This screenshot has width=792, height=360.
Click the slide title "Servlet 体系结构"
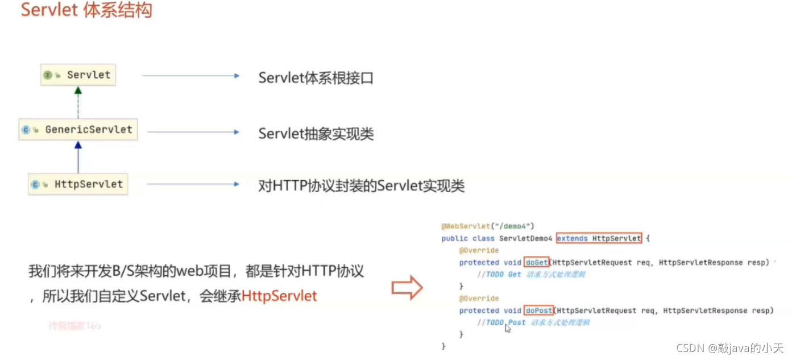(86, 10)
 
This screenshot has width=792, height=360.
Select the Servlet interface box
(78, 75)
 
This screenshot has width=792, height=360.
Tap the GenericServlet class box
(78, 130)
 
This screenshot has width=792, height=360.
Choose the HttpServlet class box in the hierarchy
(78, 184)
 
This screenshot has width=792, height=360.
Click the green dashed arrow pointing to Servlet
(78, 102)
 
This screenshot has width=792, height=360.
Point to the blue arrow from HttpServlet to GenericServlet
(78, 157)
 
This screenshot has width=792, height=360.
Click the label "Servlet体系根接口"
(316, 77)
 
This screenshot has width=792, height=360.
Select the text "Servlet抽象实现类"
(316, 134)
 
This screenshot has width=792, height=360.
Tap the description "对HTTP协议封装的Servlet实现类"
(361, 186)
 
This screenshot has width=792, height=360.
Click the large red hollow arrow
(407, 287)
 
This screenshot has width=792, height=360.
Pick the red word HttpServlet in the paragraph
(279, 296)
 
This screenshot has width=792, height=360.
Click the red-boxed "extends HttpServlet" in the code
(599, 238)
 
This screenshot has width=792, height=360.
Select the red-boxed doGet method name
(536, 262)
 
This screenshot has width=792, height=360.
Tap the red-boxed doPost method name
(538, 311)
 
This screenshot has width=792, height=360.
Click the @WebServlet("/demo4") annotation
(487, 226)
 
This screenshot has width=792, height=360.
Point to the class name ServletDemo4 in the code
(525, 238)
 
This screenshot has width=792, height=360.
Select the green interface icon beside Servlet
(48, 75)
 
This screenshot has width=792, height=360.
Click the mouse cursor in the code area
(508, 328)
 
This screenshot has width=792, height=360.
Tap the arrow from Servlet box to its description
(190, 75)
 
